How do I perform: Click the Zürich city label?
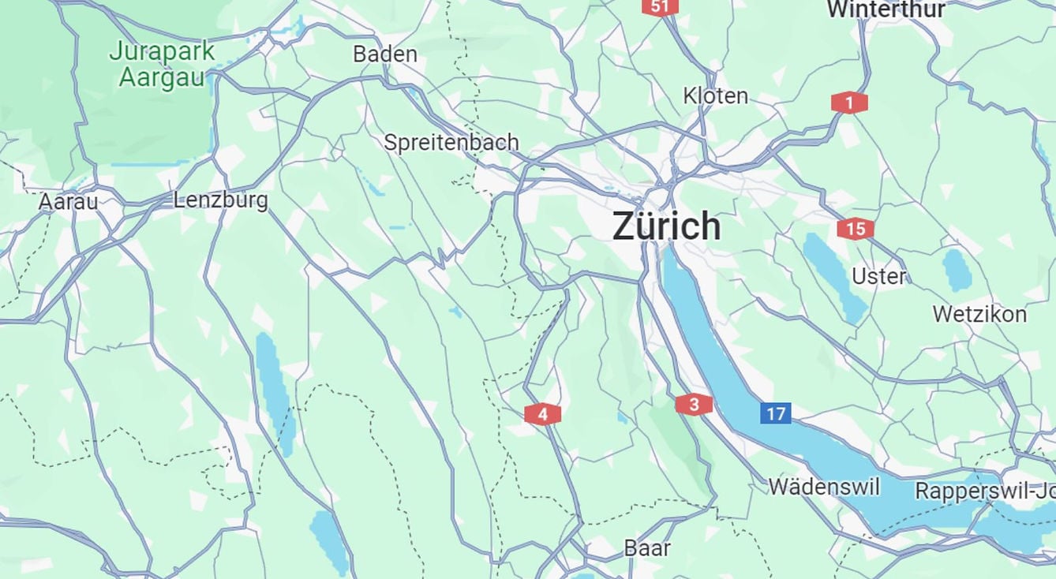tap(666, 226)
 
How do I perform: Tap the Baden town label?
tap(384, 54)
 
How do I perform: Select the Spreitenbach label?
tap(451, 142)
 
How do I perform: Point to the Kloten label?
tap(715, 96)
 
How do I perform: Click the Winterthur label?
tap(886, 9)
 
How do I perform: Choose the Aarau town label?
tap(69, 202)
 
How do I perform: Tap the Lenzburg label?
tap(220, 200)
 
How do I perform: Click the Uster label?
tap(878, 277)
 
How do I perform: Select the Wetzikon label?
tap(979, 314)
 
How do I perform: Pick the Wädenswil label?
tap(824, 487)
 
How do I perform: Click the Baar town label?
tap(647, 548)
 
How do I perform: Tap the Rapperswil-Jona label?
tap(984, 491)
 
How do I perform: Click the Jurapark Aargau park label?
tap(162, 65)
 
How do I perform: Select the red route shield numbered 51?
tap(660, 7)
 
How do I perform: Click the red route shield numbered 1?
tap(849, 103)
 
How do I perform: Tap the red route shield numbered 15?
tap(856, 230)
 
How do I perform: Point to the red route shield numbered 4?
tap(542, 414)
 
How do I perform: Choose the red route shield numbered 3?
tap(694, 405)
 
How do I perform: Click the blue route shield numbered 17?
tap(776, 413)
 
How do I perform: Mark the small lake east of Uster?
tap(957, 270)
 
